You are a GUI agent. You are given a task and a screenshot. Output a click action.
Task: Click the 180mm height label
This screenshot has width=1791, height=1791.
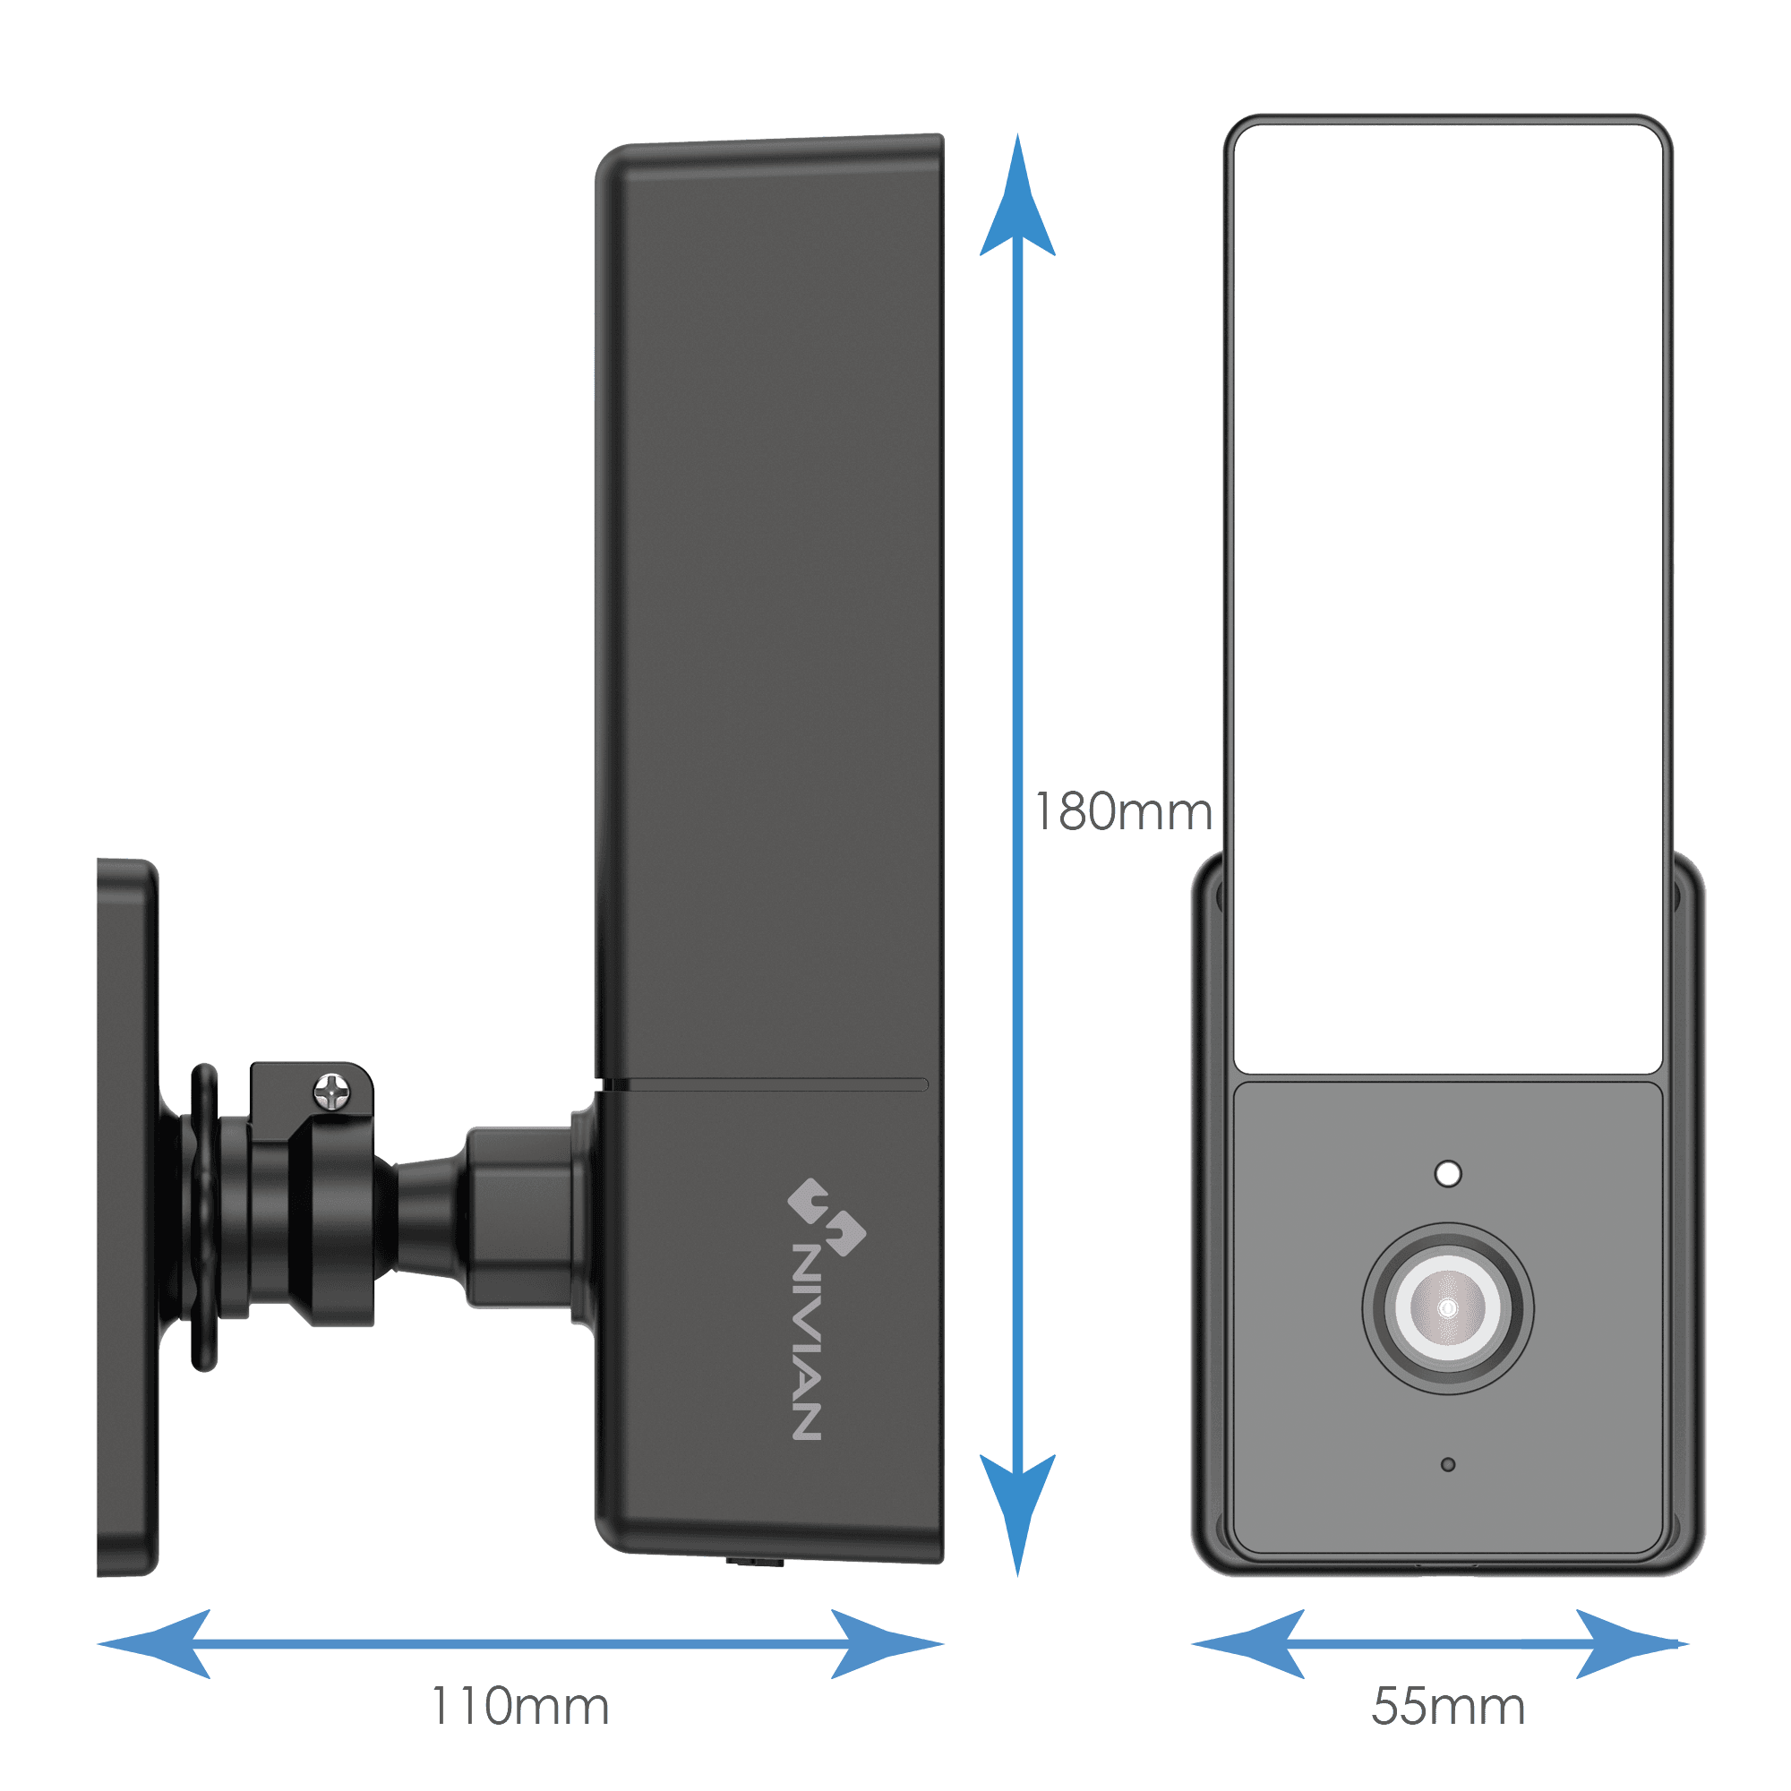click(x=1124, y=813)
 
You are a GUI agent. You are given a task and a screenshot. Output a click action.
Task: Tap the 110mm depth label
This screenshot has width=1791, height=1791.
click(x=520, y=1707)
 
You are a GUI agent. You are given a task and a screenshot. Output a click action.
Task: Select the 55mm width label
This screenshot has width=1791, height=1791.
click(x=1448, y=1707)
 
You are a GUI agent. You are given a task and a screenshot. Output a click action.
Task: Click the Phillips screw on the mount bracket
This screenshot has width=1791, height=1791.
click(x=332, y=1092)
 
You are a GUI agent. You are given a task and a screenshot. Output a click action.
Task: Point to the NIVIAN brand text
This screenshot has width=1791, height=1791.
click(x=806, y=1341)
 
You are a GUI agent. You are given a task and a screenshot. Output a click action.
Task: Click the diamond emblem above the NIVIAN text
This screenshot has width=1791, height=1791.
click(x=826, y=1216)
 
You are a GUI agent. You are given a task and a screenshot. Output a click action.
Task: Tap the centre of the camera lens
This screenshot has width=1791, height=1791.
click(x=1447, y=1308)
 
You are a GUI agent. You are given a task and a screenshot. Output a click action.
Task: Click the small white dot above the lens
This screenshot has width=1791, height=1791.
click(x=1448, y=1174)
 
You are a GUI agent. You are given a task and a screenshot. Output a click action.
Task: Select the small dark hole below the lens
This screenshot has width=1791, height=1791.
click(x=1448, y=1465)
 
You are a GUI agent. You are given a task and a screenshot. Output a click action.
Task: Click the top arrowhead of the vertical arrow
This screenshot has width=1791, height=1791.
click(x=1018, y=194)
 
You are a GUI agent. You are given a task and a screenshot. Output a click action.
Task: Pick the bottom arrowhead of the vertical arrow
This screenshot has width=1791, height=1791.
click(x=1018, y=1515)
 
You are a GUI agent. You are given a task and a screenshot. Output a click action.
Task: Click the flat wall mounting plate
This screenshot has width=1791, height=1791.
click(x=128, y=1217)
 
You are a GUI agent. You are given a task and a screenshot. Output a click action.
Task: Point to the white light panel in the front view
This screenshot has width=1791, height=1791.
click(x=1448, y=600)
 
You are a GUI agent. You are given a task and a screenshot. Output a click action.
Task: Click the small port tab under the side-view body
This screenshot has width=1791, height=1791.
click(x=755, y=1562)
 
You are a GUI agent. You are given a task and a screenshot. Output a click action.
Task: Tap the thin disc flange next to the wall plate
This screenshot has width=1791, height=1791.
click(x=204, y=1217)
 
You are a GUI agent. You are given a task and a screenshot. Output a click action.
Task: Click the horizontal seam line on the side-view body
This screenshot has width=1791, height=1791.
click(x=765, y=1084)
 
